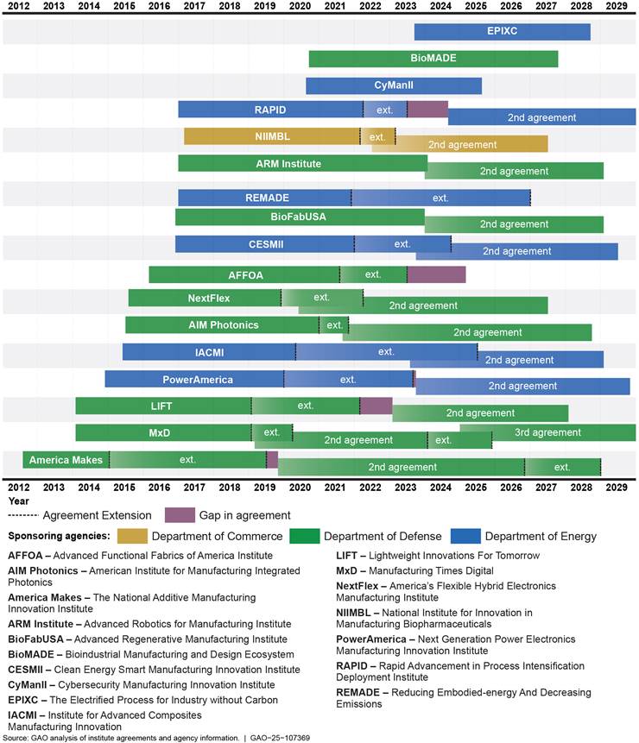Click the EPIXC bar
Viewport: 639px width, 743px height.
point(502,32)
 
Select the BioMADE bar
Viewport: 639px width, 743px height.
point(433,59)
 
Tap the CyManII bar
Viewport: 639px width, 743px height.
point(393,85)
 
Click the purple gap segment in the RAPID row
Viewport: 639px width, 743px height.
point(427,110)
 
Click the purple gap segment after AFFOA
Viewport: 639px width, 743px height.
point(436,274)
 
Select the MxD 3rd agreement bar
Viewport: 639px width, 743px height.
point(547,432)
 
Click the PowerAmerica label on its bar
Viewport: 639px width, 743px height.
point(197,380)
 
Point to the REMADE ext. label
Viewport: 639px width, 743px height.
point(440,198)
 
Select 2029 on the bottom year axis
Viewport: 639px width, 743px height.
point(617,488)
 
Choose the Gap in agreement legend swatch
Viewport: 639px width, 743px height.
point(180,515)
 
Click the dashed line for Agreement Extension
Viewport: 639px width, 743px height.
point(22,515)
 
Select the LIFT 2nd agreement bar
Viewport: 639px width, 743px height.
point(480,412)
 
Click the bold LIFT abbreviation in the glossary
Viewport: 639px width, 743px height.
point(346,556)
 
